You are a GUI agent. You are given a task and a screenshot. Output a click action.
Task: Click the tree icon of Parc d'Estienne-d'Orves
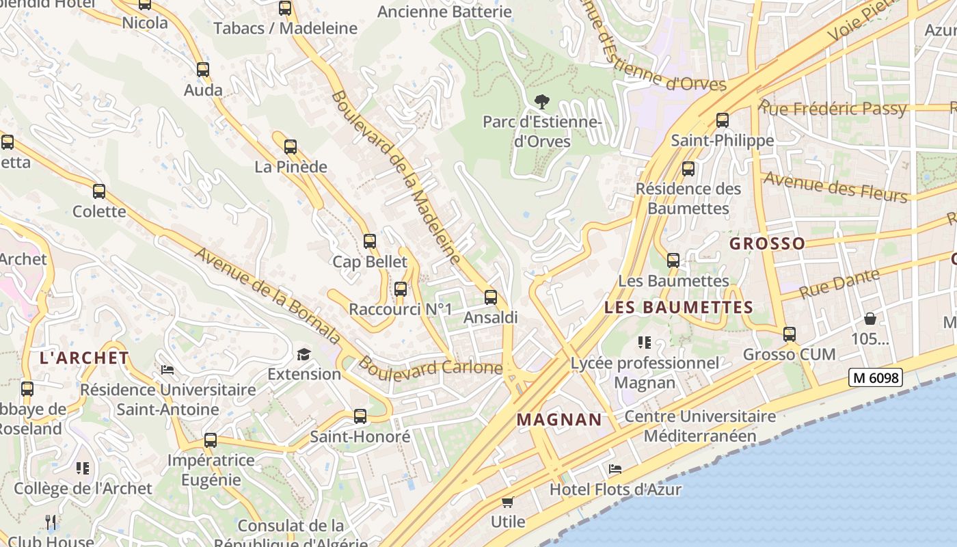pos(542,103)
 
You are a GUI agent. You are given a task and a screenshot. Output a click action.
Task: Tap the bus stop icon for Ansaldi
pos(491,297)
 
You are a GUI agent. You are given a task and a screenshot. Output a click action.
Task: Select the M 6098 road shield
pos(876,377)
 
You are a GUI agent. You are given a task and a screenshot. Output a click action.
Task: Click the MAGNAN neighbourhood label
pos(559,420)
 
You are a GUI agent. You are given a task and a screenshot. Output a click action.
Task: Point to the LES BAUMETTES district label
pos(679,308)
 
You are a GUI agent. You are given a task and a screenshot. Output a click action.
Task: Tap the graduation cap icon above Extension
pos(304,354)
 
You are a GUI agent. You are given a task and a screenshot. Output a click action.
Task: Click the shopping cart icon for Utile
pos(508,503)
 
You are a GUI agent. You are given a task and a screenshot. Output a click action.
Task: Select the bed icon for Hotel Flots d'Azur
pos(615,469)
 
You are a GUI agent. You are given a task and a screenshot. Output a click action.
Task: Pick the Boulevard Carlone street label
pos(430,366)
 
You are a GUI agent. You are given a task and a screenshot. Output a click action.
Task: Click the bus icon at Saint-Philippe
pos(723,120)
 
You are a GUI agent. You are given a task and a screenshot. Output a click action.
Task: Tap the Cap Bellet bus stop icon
pos(370,241)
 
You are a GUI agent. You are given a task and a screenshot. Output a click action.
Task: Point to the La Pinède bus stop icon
pos(291,146)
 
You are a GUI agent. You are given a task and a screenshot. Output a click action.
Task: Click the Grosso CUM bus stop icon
pos(790,334)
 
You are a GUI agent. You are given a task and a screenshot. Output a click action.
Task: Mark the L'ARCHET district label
pos(84,358)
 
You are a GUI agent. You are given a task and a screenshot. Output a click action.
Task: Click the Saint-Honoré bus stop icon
pos(360,416)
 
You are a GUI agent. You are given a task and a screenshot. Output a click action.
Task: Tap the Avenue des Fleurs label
pos(835,187)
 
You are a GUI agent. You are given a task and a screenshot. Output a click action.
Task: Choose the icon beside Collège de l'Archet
pos(83,468)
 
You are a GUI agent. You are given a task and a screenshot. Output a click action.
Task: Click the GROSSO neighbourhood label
pos(767,243)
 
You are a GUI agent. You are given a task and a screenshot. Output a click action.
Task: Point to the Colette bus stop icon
pos(99,191)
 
